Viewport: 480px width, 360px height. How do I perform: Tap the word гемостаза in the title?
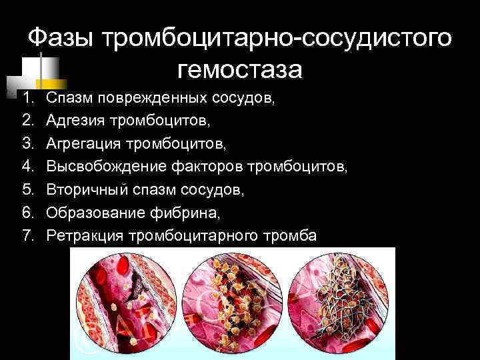[x=240, y=69]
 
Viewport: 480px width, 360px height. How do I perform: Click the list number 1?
[x=27, y=99]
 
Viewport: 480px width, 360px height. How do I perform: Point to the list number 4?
[x=27, y=167]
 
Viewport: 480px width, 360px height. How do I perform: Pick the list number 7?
[x=27, y=236]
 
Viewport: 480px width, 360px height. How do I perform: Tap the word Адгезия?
[x=76, y=121]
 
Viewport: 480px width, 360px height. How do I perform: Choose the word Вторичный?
[x=84, y=191]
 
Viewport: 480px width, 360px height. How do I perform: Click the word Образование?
[x=90, y=213]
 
